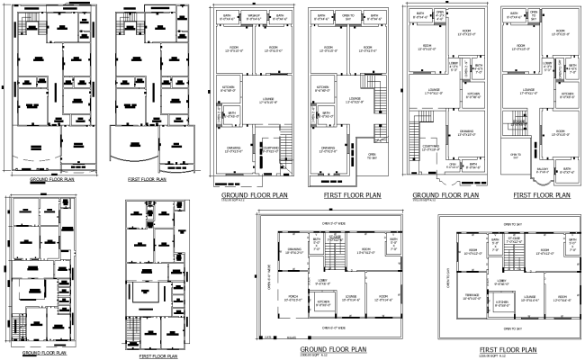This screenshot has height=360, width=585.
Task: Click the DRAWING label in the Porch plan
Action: [x=294, y=250]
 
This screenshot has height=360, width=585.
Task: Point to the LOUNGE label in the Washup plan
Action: [x=267, y=100]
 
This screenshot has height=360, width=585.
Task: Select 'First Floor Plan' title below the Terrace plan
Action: [x=508, y=349]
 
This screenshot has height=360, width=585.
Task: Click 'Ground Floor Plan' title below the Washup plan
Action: [x=255, y=193]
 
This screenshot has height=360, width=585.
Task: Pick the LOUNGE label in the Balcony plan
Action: [x=528, y=90]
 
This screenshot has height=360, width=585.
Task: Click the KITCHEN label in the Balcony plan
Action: [x=567, y=95]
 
